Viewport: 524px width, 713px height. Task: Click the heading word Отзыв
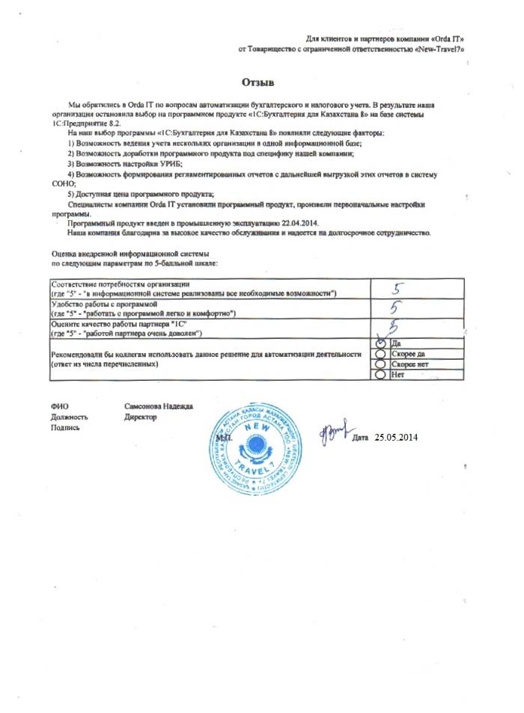[x=259, y=81]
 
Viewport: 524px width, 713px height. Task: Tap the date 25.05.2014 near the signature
[x=396, y=437]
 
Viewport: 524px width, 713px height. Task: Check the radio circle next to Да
[x=380, y=344]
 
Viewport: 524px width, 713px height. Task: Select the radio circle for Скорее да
[x=380, y=354]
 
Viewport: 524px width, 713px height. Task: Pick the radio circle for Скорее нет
[x=380, y=364]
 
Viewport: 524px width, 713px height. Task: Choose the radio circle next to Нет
[x=380, y=373]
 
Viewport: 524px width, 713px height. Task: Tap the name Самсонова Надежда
[x=159, y=406]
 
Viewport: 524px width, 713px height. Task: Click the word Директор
[x=141, y=417]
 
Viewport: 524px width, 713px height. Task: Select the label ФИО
[x=58, y=406]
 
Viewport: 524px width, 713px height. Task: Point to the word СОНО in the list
[x=62, y=183]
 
